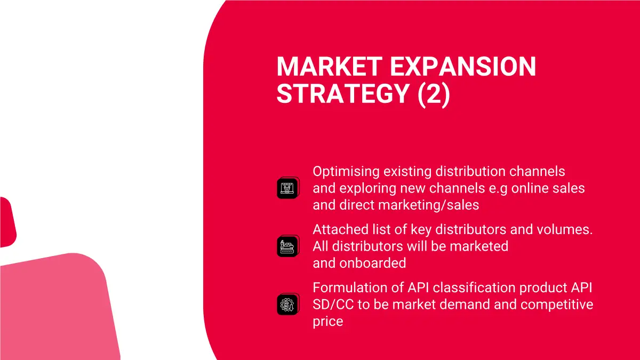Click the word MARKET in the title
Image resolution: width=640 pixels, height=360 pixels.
click(x=330, y=67)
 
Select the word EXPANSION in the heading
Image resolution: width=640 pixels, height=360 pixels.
click(x=463, y=67)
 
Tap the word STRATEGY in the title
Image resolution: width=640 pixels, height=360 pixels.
click(x=343, y=94)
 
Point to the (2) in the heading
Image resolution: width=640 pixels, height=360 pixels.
click(x=434, y=94)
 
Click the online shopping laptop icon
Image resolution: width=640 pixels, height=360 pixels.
click(x=288, y=188)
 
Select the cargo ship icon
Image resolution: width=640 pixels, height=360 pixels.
click(x=288, y=246)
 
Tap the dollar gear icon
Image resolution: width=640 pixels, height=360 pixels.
click(x=288, y=305)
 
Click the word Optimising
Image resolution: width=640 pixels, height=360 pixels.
click(x=346, y=172)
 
